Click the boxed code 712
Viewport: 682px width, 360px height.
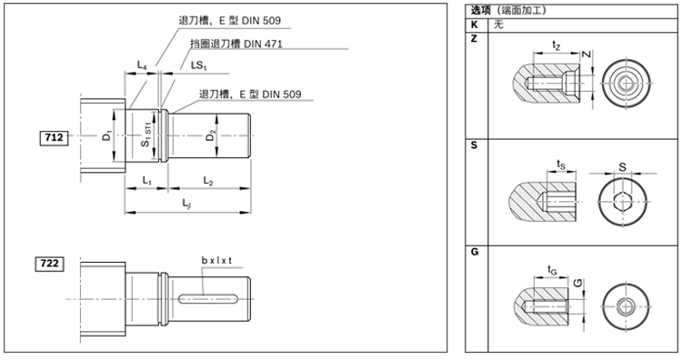(x=53, y=138)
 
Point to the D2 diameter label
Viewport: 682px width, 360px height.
(x=211, y=135)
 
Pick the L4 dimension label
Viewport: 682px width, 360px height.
(x=142, y=65)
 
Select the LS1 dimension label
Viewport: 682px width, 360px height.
(x=198, y=65)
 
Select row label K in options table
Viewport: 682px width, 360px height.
(x=474, y=25)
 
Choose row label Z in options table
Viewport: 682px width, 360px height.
(x=474, y=39)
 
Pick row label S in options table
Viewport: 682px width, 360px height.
(x=474, y=145)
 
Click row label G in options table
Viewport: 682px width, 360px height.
(x=474, y=250)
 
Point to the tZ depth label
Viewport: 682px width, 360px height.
(x=556, y=44)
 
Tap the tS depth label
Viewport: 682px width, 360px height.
(x=561, y=164)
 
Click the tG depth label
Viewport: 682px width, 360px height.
(x=552, y=269)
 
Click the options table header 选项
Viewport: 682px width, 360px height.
(x=480, y=11)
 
